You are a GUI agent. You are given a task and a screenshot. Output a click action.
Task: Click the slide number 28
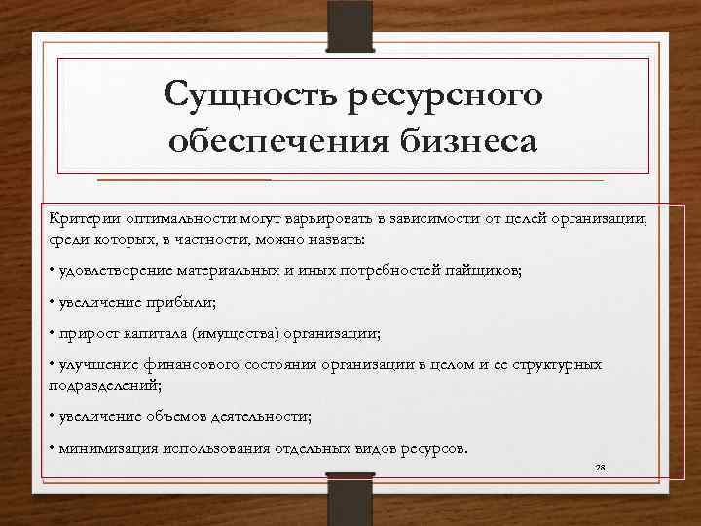pos(600,469)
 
